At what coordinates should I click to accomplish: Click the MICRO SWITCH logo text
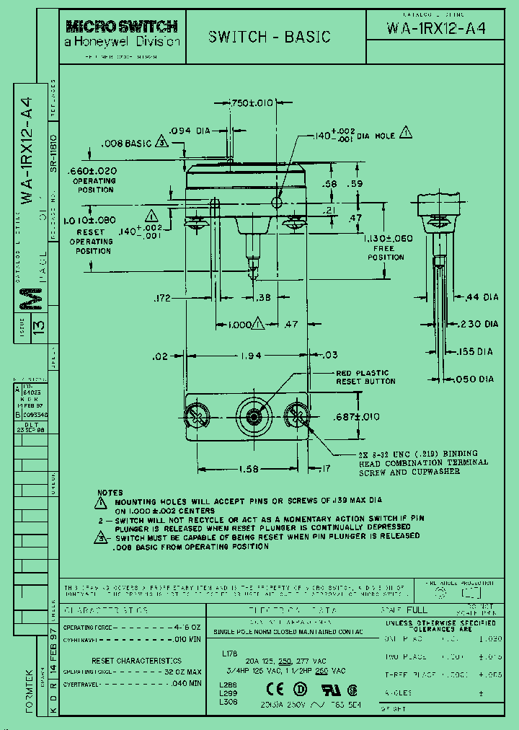pos(121,27)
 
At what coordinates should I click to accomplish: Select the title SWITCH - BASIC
pos(269,38)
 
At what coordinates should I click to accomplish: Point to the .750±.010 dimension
pos(252,103)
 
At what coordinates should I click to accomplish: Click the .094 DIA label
pos(189,131)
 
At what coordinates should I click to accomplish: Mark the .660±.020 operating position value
pos(97,170)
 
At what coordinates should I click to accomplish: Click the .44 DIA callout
pos(482,297)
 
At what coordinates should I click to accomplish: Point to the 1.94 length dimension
pos(249,356)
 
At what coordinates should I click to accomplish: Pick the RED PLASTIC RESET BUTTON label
pos(362,377)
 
